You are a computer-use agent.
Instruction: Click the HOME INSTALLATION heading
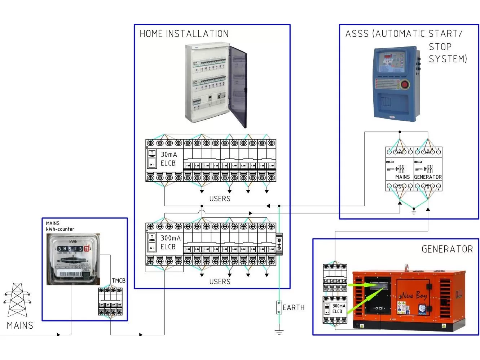[184, 34]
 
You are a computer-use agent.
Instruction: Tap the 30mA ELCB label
[168, 159]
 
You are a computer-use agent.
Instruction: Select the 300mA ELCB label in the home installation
[170, 243]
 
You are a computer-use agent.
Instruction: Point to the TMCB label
[118, 281]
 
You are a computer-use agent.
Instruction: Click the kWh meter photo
[73, 259]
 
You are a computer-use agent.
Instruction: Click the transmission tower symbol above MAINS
[17, 300]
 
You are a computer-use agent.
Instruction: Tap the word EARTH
[294, 308]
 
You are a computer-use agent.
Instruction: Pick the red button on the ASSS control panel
[404, 85]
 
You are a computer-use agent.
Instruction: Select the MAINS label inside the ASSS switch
[402, 177]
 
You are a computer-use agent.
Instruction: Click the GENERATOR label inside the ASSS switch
[428, 177]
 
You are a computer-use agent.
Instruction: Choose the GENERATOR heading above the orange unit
[447, 249]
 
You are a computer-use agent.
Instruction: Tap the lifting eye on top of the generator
[406, 267]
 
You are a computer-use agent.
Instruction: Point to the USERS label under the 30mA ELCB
[220, 199]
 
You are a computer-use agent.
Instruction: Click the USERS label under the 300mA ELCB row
[220, 282]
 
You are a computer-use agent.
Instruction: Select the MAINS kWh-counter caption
[60, 226]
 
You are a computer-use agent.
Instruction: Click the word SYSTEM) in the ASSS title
[448, 59]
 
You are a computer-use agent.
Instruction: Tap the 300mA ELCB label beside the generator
[339, 309]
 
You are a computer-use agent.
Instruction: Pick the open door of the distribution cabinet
[238, 86]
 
